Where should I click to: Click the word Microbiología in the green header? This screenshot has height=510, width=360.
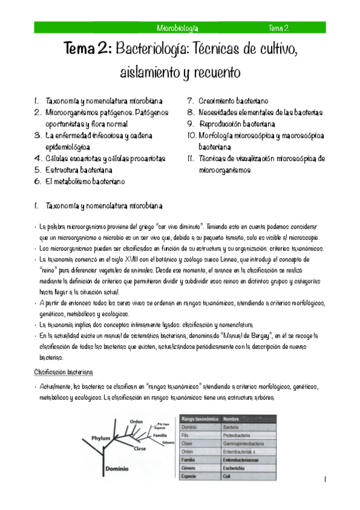click(177, 28)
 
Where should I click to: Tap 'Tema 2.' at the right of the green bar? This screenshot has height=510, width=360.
click(279, 28)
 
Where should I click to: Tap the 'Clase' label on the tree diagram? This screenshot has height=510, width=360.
click(139, 449)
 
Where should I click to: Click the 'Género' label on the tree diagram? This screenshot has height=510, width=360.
click(168, 442)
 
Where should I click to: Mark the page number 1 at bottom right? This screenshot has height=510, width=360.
click(324, 480)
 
